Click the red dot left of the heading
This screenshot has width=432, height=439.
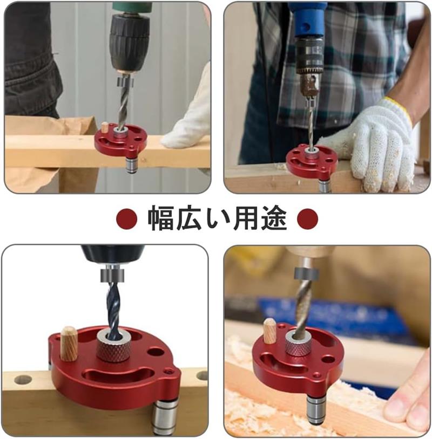coord(127,218)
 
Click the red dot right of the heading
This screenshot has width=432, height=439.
coord(308,218)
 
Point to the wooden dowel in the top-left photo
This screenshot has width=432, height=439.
coord(105,127)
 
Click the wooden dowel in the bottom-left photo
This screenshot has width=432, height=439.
coord(69,343)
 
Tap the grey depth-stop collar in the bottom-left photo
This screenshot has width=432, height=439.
coord(111,275)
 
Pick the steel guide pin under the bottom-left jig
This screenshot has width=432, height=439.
coord(166,417)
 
